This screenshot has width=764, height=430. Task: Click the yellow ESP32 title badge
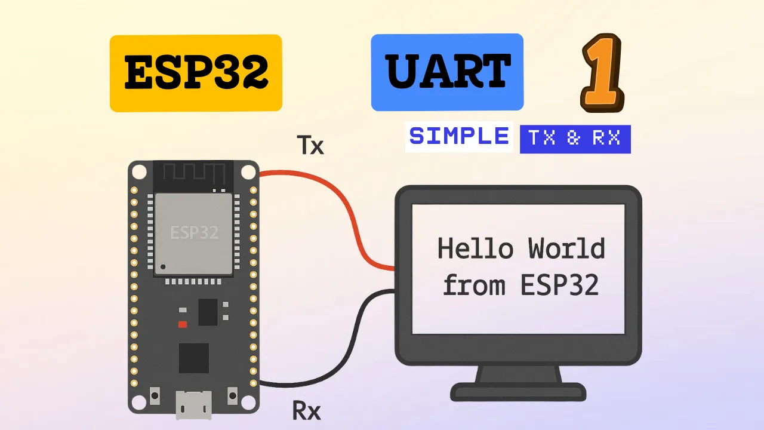[196, 73]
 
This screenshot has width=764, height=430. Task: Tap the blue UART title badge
[447, 72]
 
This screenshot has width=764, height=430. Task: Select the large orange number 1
[602, 73]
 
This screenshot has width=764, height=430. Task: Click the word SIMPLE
[459, 136]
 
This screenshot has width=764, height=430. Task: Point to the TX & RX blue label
[575, 139]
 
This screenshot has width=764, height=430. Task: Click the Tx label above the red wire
[310, 145]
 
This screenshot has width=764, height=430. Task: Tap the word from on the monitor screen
[474, 285]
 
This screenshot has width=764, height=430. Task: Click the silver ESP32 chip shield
[194, 234]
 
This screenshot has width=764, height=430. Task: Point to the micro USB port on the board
[194, 405]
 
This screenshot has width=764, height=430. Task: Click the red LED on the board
[183, 324]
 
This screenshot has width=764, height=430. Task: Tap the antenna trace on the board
[194, 173]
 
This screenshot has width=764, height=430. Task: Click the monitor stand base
[518, 392]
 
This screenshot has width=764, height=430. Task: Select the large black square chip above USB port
[194, 358]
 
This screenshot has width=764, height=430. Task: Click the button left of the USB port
[155, 396]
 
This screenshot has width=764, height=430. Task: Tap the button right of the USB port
[233, 396]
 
